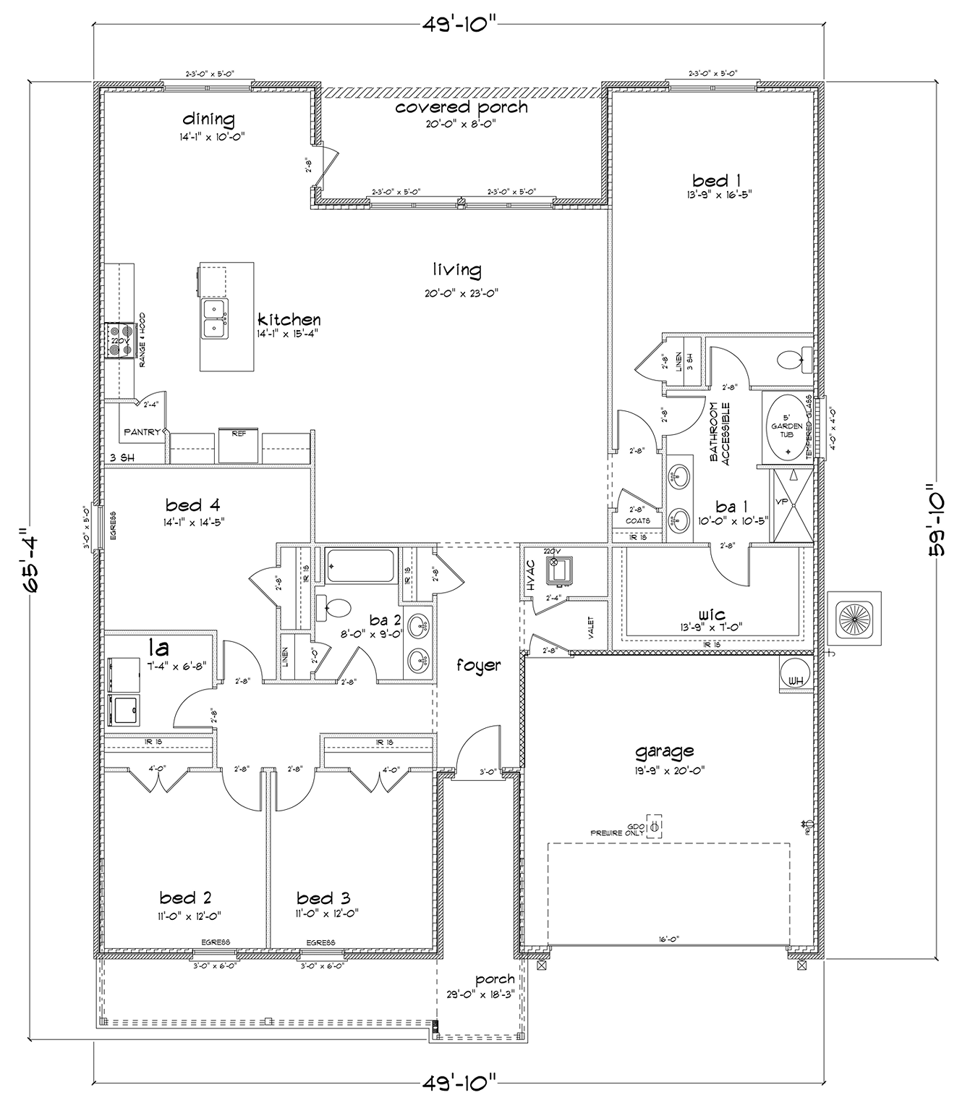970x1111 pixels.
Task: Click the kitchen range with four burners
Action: pos(118,340)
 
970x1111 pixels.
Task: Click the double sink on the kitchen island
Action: pos(214,319)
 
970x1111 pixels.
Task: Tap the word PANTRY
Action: pos(142,432)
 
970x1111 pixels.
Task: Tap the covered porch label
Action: pos(461,108)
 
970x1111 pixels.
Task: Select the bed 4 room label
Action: pos(192,504)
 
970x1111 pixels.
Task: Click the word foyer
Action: pos(478,664)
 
